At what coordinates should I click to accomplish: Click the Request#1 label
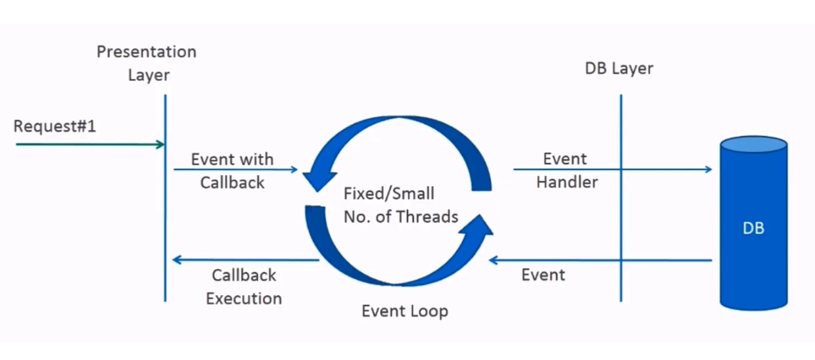[x=55, y=126]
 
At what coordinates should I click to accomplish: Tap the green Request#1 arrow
[x=89, y=144]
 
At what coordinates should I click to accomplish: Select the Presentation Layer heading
[x=147, y=63]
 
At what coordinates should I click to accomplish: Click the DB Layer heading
[x=619, y=68]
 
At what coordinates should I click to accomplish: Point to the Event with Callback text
[x=232, y=171]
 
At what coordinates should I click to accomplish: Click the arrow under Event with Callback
[x=235, y=169]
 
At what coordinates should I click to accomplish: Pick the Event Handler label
[x=567, y=170]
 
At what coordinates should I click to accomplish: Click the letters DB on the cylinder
[x=753, y=229]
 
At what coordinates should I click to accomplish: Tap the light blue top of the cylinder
[x=753, y=144]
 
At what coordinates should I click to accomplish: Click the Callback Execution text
[x=244, y=286]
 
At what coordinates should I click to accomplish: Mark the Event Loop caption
[x=405, y=310]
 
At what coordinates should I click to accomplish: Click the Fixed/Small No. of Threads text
[x=400, y=206]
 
